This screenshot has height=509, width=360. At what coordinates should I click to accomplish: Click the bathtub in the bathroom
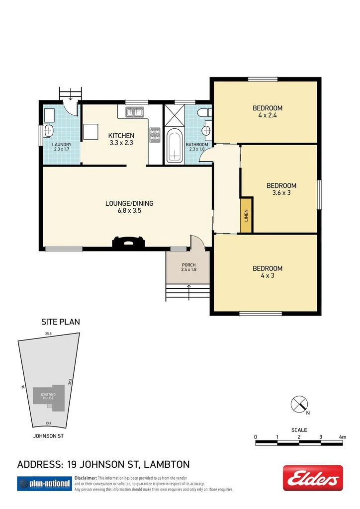click(174, 146)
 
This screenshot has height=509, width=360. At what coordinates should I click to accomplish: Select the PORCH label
click(188, 264)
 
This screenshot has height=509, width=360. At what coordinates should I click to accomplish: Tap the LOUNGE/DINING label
click(129, 203)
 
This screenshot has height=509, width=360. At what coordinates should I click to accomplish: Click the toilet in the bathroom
click(204, 114)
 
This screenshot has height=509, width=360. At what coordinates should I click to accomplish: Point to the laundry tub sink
click(49, 131)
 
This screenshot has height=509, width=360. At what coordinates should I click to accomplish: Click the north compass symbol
click(299, 404)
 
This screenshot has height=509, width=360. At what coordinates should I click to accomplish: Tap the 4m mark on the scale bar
click(342, 437)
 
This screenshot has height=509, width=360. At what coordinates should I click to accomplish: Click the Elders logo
click(313, 478)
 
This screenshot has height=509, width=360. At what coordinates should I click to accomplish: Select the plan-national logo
click(44, 483)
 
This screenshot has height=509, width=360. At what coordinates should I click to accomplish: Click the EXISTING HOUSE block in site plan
click(49, 397)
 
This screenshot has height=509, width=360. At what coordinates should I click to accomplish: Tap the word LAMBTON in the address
click(167, 465)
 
